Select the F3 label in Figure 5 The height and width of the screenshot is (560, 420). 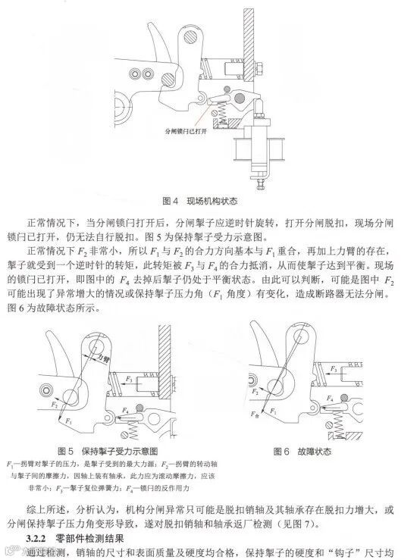point(130,377)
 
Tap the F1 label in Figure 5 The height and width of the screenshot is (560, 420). point(68,418)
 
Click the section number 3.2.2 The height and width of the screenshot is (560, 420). point(36,537)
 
